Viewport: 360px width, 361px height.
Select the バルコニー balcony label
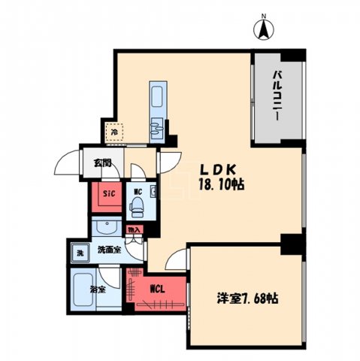tap(277, 99)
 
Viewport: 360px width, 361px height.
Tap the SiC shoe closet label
tap(107, 195)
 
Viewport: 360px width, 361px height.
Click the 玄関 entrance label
tap(103, 162)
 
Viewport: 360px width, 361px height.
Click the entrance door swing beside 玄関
tap(70, 165)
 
